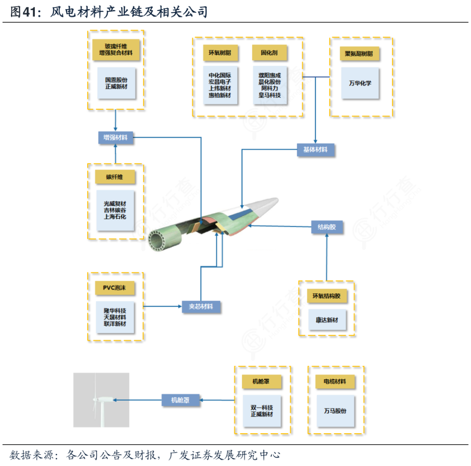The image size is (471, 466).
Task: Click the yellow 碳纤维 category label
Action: [115, 177]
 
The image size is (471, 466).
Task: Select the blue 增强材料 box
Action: [116, 138]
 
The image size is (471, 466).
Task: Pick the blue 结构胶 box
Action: [327, 227]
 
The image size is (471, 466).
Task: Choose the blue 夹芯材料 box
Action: [201, 306]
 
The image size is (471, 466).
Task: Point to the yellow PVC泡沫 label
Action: [115, 288]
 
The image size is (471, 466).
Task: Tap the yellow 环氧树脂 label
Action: [220, 53]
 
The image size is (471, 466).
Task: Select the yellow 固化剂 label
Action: [270, 53]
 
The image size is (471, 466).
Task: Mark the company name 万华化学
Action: [360, 83]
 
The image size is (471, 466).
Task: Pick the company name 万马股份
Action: [335, 411]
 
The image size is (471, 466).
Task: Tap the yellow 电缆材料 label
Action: [335, 381]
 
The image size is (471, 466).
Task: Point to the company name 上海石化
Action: [115, 216]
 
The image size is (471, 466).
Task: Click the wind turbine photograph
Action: [101, 400]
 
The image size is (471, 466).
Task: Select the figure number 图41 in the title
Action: [21, 12]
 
